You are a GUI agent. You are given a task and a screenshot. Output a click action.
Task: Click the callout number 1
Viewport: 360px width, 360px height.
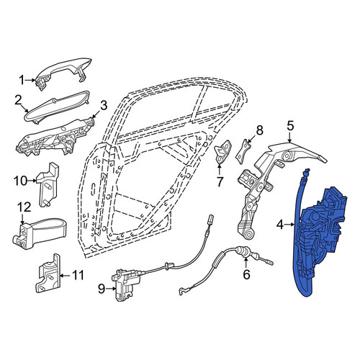22,80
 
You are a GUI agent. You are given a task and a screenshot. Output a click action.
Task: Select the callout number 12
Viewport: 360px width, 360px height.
24,207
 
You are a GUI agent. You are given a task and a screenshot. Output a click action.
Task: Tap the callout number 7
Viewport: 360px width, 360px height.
220,181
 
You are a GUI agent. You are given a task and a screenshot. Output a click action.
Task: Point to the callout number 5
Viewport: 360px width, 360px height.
290,126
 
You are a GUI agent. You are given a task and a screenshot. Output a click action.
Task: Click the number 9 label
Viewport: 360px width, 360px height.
102,289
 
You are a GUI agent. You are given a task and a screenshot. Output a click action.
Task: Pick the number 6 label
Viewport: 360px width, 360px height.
246,274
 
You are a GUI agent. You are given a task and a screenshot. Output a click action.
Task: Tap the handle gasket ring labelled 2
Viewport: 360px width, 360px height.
57,107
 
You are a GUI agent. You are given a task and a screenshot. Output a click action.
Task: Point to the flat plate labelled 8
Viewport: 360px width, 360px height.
243,151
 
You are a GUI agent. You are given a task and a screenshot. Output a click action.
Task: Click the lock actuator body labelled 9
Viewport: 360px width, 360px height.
123,287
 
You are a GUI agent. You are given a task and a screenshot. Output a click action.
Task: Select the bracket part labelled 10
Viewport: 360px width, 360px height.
48,184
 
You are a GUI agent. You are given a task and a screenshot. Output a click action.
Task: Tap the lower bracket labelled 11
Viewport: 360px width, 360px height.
48,274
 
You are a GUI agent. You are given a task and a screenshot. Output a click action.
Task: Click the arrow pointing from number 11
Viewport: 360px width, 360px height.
65,276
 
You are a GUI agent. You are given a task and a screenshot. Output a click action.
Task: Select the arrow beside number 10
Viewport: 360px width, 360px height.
32,181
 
